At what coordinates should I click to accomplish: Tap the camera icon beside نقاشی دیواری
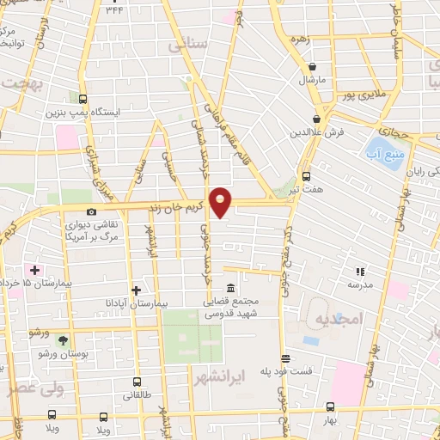[92, 212]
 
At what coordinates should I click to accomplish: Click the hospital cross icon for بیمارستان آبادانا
[136, 290]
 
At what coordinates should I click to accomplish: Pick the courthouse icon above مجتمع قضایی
[230, 289]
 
